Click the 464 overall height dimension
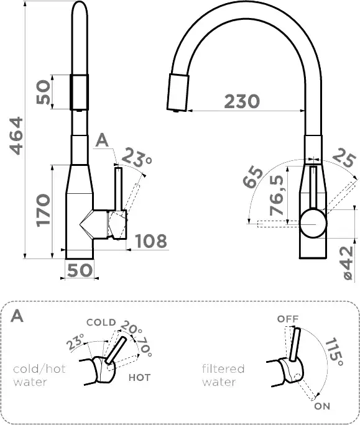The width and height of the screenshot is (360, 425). click(x=16, y=136)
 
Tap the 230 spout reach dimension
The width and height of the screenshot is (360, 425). click(x=242, y=101)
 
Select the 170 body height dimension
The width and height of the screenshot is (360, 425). click(x=44, y=210)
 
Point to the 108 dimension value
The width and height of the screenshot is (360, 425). click(x=151, y=241)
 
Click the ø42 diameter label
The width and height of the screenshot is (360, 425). click(x=348, y=263)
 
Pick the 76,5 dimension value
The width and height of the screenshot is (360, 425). click(x=277, y=195)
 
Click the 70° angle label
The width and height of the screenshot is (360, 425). click(x=144, y=347)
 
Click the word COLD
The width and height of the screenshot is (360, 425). click(x=101, y=322)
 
